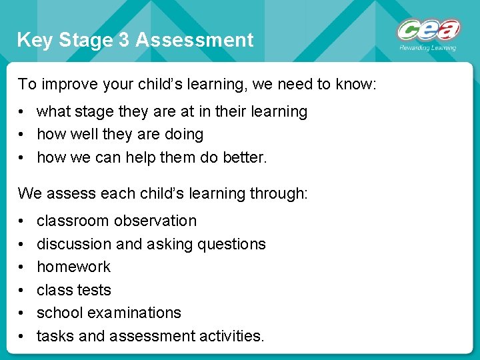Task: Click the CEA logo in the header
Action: (429, 30)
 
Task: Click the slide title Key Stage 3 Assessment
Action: (135, 40)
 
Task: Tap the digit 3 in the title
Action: (123, 40)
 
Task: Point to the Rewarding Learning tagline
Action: (427, 48)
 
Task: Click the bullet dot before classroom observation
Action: (22, 221)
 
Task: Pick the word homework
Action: (73, 267)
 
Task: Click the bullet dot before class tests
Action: (22, 291)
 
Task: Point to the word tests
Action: (94, 290)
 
